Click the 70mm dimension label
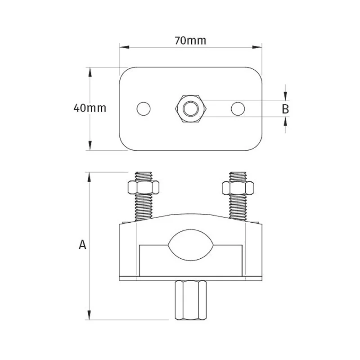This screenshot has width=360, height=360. (x=190, y=40)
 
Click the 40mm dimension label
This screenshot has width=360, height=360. (x=90, y=108)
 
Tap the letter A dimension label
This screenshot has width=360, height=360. (x=82, y=244)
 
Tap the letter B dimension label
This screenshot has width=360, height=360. (x=285, y=108)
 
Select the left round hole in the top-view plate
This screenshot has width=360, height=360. (x=144, y=108)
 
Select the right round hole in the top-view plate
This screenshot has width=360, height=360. (x=238, y=108)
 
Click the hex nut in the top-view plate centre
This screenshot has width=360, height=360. (x=191, y=108)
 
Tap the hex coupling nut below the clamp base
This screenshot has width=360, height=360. (x=191, y=299)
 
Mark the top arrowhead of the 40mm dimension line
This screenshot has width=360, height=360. (x=90, y=71)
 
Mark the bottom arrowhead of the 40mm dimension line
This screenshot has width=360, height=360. (x=90, y=146)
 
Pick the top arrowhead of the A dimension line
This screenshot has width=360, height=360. (x=90, y=175)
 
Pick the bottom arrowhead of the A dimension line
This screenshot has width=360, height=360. (x=90, y=316)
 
